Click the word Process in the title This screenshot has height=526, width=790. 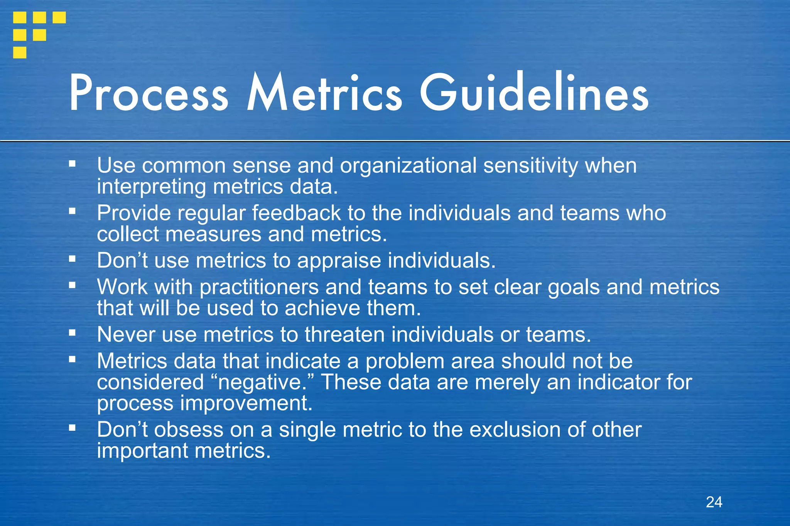point(149,93)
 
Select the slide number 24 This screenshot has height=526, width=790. point(714,502)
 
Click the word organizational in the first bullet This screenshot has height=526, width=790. point(408,166)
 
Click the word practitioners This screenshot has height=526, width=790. point(259,287)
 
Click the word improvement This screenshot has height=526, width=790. point(246,403)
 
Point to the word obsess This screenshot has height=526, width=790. point(189,430)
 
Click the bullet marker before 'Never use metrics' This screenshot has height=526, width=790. point(72,333)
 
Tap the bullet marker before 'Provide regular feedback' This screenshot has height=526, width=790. point(72,211)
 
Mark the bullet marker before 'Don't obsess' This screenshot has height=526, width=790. point(72,427)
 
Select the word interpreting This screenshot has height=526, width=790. point(152,187)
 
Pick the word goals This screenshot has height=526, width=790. point(574,287)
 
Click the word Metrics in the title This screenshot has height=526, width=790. point(324,93)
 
